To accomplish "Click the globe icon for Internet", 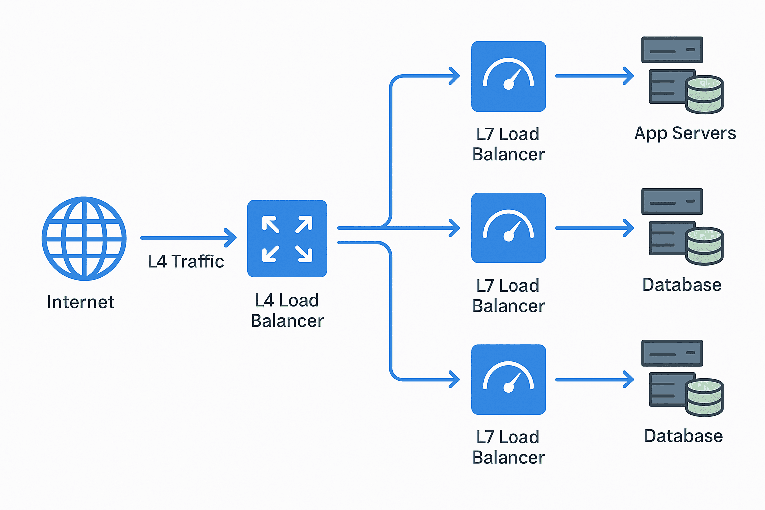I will click(x=84, y=239).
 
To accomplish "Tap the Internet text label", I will click(x=81, y=302).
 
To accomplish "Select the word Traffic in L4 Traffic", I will click(x=198, y=261).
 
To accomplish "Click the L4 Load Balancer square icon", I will click(x=287, y=239).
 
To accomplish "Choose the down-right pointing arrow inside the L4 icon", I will click(x=304, y=254).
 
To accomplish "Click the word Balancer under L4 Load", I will click(x=287, y=321).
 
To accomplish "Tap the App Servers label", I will click(x=685, y=133).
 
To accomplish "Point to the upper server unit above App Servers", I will click(x=672, y=50).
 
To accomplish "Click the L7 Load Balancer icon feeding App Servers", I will click(x=509, y=76).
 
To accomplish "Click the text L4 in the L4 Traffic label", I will click(x=157, y=261).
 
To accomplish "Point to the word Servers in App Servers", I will click(x=704, y=133).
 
